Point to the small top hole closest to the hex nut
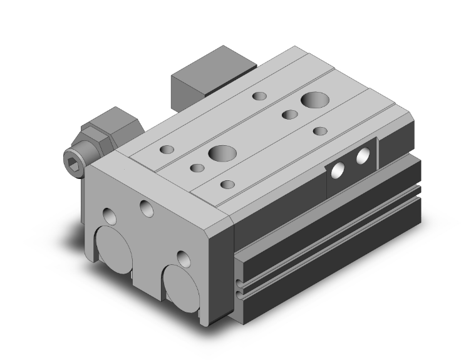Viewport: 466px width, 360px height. point(167,150)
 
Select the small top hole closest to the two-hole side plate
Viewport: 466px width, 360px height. point(320,131)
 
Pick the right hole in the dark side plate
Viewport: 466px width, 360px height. point(362,157)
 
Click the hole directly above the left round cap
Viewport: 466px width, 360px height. point(110,215)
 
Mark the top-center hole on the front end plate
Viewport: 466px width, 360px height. point(148,209)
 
